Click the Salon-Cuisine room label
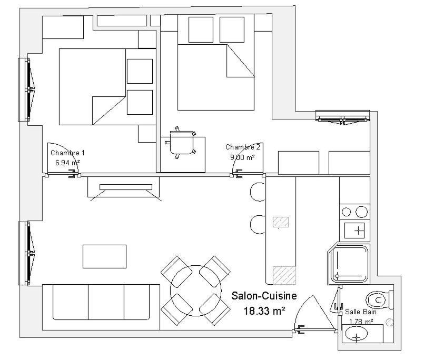coord(264,296)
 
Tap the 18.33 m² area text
coord(264,311)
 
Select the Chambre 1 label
coord(67,153)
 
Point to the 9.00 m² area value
coord(242,157)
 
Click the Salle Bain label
coord(361,312)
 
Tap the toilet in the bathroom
coord(379,299)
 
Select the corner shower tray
coord(349,264)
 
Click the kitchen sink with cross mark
coord(354,231)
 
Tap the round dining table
coord(196,291)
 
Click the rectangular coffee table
coord(104,256)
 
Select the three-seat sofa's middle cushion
coord(106,302)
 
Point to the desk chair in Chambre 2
coord(181,143)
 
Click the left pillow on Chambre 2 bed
coord(201,29)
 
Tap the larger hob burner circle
coord(361,212)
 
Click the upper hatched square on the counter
coord(281,222)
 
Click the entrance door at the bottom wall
coord(315,314)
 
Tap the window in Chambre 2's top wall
coord(342,117)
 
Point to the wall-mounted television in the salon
coord(126,187)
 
